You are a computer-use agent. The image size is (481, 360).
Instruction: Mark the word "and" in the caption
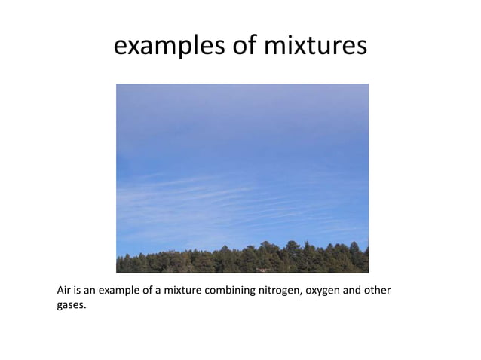tap(352, 290)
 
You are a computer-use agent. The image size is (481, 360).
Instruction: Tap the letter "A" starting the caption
tap(61, 290)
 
